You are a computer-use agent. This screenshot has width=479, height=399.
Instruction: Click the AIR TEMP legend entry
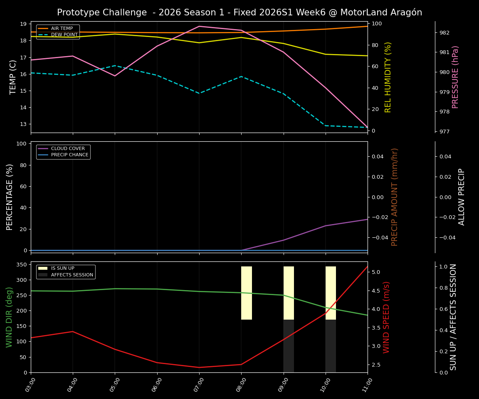[x=62, y=29]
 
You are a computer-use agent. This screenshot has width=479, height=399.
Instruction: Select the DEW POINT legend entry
[x=64, y=35]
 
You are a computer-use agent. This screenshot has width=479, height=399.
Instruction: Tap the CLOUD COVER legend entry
[x=68, y=149]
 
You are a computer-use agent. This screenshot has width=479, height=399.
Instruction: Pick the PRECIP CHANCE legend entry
[x=69, y=155]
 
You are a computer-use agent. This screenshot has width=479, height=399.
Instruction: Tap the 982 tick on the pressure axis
[x=444, y=33]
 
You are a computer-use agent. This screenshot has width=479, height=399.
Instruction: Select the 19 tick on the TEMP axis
[x=24, y=24]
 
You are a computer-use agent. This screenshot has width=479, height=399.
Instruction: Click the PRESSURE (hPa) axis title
[x=456, y=77]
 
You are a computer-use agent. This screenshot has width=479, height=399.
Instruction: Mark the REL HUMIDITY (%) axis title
[x=388, y=77]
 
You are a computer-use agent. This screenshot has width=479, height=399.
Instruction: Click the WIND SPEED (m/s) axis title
[x=387, y=317]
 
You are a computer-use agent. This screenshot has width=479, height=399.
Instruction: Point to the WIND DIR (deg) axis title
[x=9, y=317]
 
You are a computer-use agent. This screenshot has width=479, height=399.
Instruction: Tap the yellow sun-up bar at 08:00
[x=247, y=293]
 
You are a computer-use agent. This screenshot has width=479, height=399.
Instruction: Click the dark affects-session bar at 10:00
[x=331, y=346]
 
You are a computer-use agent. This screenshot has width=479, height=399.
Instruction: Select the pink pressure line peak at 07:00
[x=199, y=26]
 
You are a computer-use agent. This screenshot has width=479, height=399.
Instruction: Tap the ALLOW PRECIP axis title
[x=462, y=197]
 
